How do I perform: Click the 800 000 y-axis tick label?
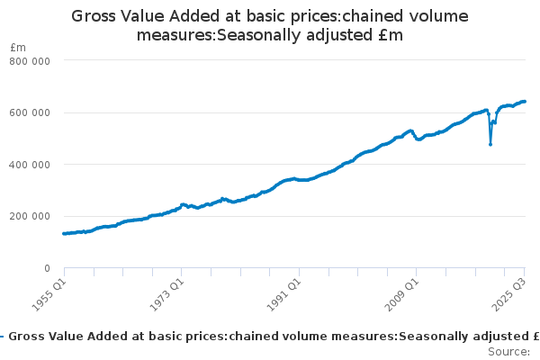click(29, 60)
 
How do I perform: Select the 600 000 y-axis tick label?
click(29, 112)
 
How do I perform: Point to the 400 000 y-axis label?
click(29, 165)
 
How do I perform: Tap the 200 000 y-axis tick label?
click(29, 216)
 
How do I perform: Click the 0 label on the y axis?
click(45, 268)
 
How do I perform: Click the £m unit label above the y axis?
click(17, 47)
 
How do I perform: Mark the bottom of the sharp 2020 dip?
click(490, 144)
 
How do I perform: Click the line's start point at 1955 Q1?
click(63, 233)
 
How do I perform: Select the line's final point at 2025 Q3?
click(525, 102)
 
